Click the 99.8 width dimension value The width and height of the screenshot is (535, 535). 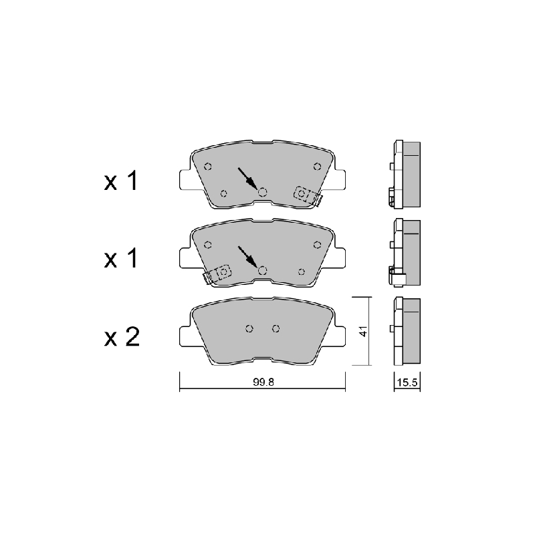click(x=263, y=382)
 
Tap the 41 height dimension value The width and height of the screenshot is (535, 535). click(x=364, y=331)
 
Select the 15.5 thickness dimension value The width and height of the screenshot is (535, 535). click(x=407, y=383)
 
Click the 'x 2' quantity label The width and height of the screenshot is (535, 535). click(x=122, y=337)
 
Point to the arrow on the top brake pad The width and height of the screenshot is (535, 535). click(x=247, y=179)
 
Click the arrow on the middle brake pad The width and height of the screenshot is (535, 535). click(x=247, y=257)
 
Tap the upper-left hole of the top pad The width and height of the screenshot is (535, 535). click(x=208, y=167)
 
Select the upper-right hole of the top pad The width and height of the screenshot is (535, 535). click(x=317, y=167)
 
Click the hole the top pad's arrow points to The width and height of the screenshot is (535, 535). click(x=262, y=193)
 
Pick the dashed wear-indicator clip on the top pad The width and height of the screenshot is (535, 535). click(x=308, y=196)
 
